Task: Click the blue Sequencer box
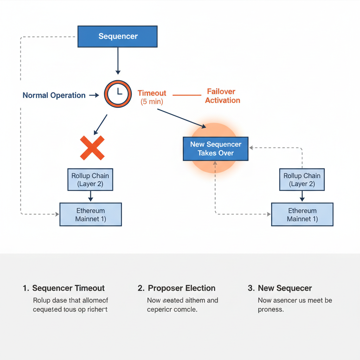coord(117,36)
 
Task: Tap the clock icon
coord(118,94)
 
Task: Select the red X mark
coord(92,148)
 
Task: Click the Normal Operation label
coord(54,95)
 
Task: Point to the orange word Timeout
coord(152,93)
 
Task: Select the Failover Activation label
coord(223,96)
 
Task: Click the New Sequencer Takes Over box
coord(216,149)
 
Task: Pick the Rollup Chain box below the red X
coord(90,180)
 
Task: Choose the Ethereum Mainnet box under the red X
coord(90,214)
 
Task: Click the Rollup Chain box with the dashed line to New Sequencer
coord(302,180)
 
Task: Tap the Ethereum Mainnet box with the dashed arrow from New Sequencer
coord(302,214)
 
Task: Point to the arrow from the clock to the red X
coord(101,124)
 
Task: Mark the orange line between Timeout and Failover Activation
coord(186,95)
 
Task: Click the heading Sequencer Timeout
coord(68,288)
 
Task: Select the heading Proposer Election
coord(181,288)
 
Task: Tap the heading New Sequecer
coord(284,288)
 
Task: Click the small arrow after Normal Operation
coord(94,95)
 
